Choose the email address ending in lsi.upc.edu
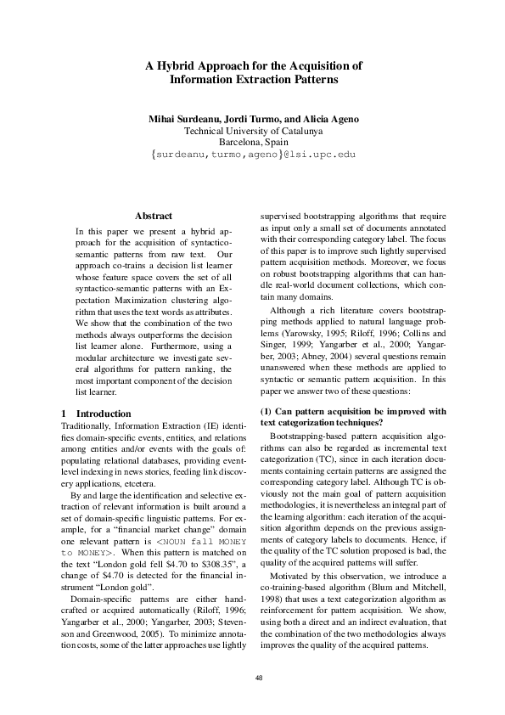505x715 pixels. click(x=253, y=155)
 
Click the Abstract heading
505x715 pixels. click(x=154, y=217)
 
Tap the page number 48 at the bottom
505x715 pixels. click(x=253, y=677)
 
